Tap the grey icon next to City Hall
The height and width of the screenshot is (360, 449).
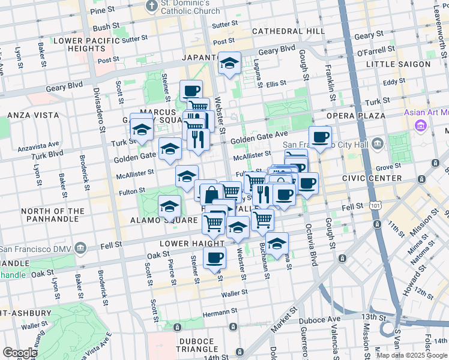pyautogui.click(x=378, y=143)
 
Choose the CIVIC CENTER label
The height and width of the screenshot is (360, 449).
pyautogui.click(x=372, y=178)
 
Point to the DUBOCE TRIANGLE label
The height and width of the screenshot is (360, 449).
pyautogui.click(x=197, y=344)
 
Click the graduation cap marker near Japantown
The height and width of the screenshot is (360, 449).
pyautogui.click(x=229, y=63)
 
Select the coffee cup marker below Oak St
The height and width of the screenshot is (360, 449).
pyautogui.click(x=214, y=258)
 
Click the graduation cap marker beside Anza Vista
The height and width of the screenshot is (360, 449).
pyautogui.click(x=142, y=128)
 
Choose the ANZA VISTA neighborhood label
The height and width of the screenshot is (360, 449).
pyautogui.click(x=24, y=114)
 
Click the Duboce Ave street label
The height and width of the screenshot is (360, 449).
pyautogui.click(x=325, y=319)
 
